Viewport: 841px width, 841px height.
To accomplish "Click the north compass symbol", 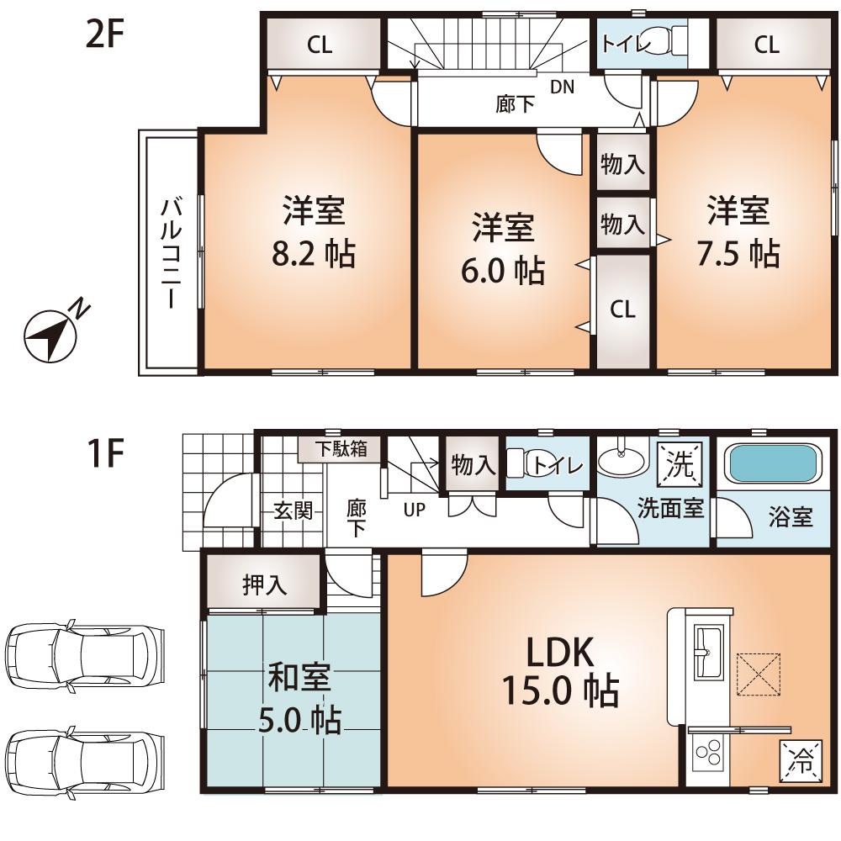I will [x=50, y=333].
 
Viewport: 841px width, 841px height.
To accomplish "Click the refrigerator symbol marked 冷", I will [x=801, y=763].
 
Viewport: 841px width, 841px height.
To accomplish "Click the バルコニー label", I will [x=172, y=252].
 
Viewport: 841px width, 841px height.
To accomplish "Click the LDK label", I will [x=560, y=653].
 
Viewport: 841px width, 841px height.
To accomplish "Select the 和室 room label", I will [x=299, y=678].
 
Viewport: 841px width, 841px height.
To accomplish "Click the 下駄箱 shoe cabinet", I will [x=341, y=448].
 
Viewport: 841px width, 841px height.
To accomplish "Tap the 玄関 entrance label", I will [x=292, y=510].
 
